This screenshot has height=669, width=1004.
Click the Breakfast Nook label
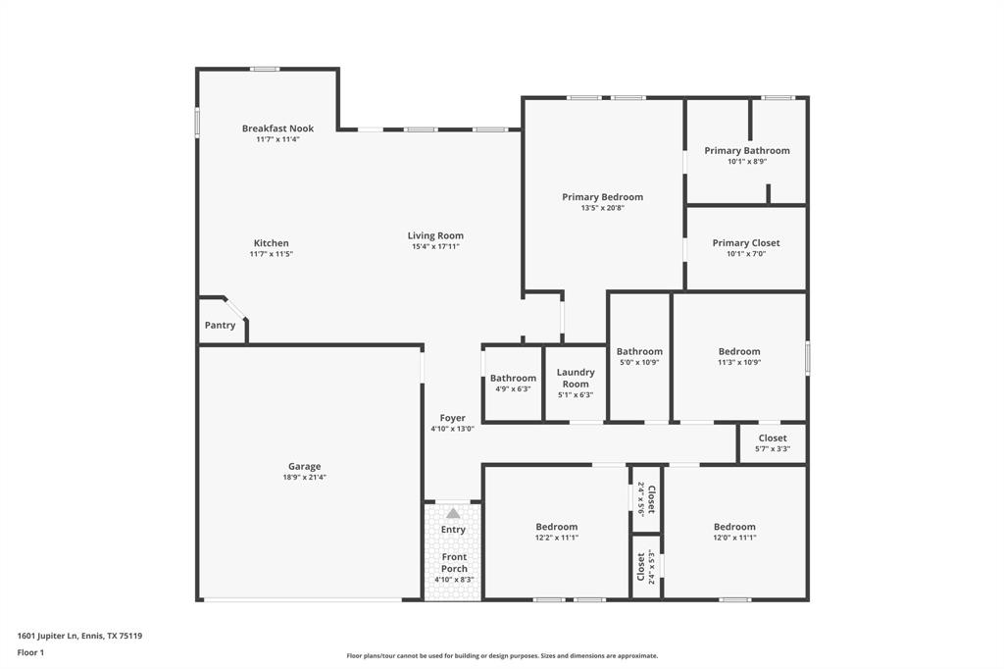point(277,129)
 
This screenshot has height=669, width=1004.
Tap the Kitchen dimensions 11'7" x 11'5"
point(272,254)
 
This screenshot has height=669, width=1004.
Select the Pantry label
point(220,326)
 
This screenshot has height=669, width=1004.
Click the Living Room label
point(435,235)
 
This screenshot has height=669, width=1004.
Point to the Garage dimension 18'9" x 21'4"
point(304,478)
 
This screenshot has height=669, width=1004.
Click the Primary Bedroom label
point(602,197)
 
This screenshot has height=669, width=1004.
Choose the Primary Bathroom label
point(746,151)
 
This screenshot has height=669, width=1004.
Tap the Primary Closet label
point(746,243)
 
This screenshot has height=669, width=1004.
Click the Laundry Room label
point(576,378)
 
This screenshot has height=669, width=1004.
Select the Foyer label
point(452,418)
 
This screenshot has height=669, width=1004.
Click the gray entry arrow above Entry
point(453,513)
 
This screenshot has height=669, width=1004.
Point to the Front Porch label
point(454,563)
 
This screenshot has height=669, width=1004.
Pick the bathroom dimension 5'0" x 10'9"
point(639,362)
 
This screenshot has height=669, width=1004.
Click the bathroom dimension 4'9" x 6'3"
point(513,388)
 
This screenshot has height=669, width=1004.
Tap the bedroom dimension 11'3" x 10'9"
point(739,362)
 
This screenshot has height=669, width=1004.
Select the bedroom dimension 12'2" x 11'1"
point(556,538)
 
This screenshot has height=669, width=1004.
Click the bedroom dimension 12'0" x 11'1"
point(734,538)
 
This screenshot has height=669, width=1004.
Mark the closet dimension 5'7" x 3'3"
point(772,449)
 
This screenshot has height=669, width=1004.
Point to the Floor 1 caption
point(30,652)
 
